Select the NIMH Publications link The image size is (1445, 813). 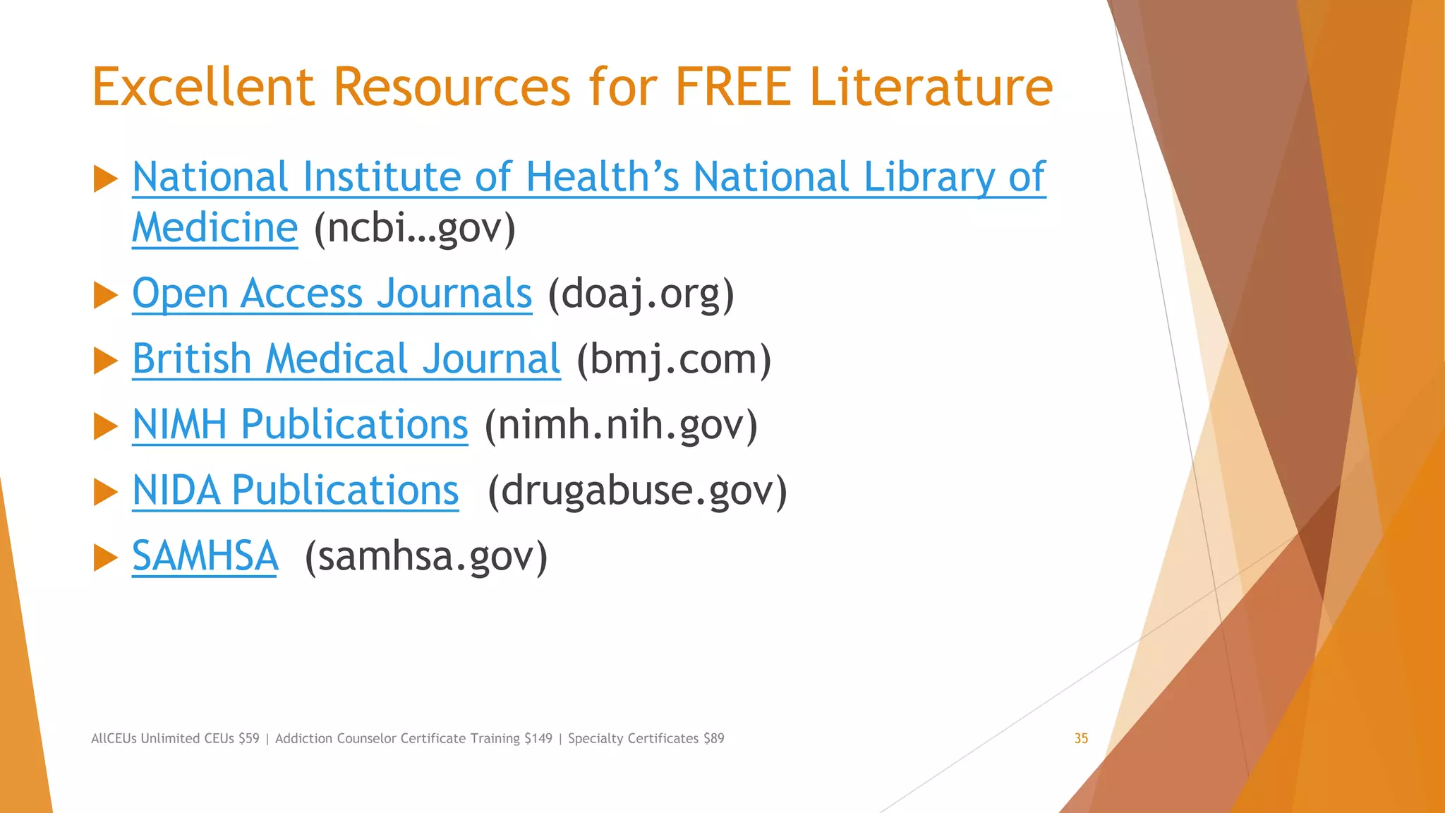(300, 424)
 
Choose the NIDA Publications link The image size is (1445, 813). (295, 490)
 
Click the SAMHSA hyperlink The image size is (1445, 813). (205, 555)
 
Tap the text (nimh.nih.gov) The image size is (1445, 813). (621, 424)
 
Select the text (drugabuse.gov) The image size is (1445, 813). (637, 490)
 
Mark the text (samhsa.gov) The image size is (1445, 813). (426, 555)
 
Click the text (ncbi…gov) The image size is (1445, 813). (415, 228)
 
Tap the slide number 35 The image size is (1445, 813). (1081, 738)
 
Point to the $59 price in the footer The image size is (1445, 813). (248, 738)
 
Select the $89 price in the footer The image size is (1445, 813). (714, 738)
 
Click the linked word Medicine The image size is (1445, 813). (214, 228)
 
